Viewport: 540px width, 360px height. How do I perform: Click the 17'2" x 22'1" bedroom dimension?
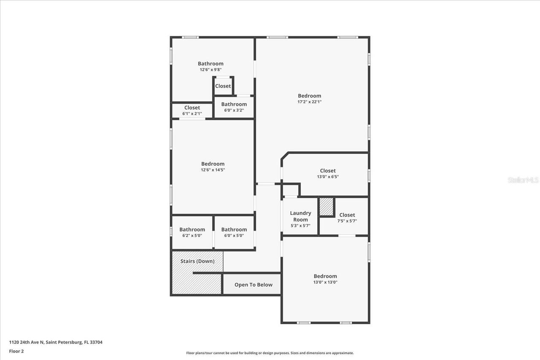click(309, 102)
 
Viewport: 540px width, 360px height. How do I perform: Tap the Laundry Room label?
click(300, 216)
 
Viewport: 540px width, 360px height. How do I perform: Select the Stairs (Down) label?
click(197, 261)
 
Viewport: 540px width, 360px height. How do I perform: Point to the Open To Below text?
click(254, 285)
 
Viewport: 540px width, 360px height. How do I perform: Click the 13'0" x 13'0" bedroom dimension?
click(325, 282)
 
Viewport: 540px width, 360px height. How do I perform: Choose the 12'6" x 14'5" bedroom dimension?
click(213, 170)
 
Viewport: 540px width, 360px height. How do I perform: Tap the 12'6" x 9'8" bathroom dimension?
click(211, 70)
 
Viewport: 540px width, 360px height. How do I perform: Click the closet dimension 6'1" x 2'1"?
click(192, 113)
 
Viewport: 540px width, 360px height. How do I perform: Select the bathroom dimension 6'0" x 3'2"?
click(234, 110)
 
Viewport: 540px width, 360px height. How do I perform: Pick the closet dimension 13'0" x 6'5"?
click(328, 177)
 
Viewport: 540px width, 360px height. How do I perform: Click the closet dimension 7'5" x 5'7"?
click(347, 221)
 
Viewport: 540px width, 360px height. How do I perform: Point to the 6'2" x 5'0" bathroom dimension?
click(192, 236)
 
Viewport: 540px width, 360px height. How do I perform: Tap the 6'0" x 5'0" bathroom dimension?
click(234, 236)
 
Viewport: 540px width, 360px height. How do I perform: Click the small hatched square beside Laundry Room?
click(326, 207)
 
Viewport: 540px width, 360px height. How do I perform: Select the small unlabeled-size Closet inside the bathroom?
click(223, 86)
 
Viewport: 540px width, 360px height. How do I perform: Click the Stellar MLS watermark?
click(523, 180)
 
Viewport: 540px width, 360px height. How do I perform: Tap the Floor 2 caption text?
click(16, 351)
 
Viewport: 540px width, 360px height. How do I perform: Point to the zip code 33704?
click(96, 342)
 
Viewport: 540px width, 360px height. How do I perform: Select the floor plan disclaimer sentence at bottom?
click(270, 353)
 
